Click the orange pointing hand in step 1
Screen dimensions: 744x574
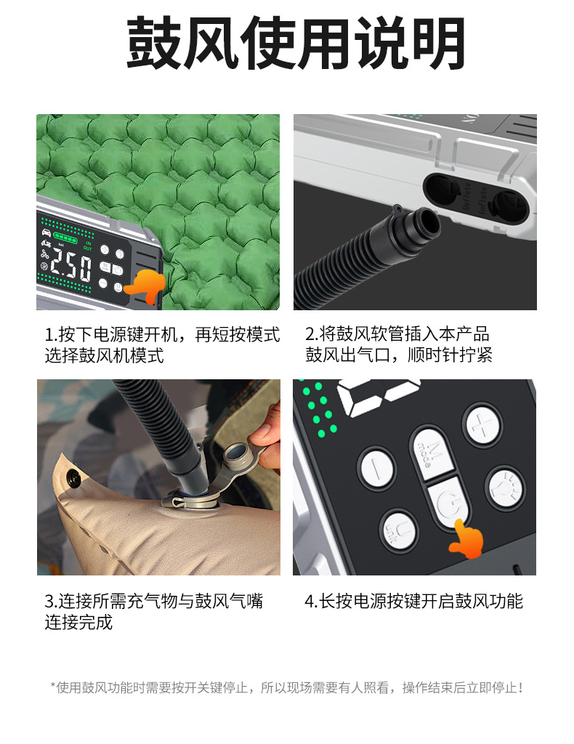coord(145,286)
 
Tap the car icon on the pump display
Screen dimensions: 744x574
coord(47,235)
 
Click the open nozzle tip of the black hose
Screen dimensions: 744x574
coord(424,221)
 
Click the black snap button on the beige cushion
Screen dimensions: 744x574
coord(73,478)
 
